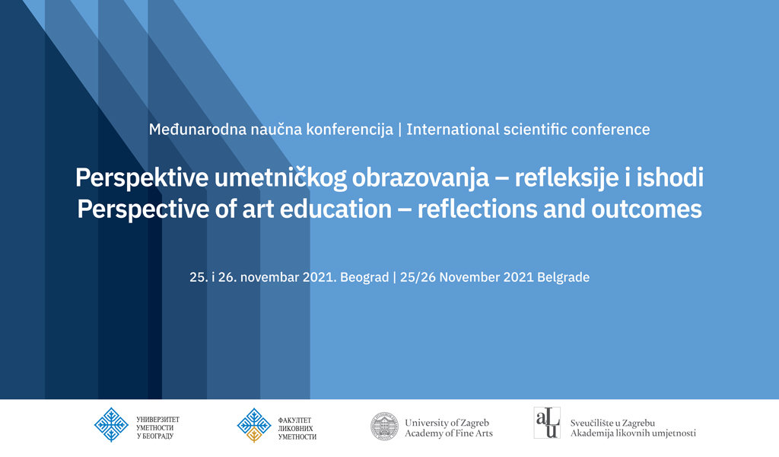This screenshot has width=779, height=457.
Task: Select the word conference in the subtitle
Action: pos(611,129)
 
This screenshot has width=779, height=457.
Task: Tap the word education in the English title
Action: pos(335,209)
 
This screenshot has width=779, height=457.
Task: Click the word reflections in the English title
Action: pos(478,209)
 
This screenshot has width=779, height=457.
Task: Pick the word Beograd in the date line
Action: pos(364,277)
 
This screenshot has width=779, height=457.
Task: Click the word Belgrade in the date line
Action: pos(564,277)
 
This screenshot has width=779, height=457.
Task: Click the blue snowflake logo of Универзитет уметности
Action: pos(111,425)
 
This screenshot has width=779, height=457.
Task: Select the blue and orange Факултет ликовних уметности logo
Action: pos(254,425)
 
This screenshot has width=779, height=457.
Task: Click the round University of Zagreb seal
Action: pos(384,427)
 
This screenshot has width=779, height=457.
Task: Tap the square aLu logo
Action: pos(547,423)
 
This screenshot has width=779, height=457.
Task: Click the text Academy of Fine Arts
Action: pos(449,433)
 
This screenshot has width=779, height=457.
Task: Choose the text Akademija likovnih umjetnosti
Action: pos(633,433)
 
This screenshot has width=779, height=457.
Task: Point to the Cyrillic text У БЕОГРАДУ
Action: pos(155,436)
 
